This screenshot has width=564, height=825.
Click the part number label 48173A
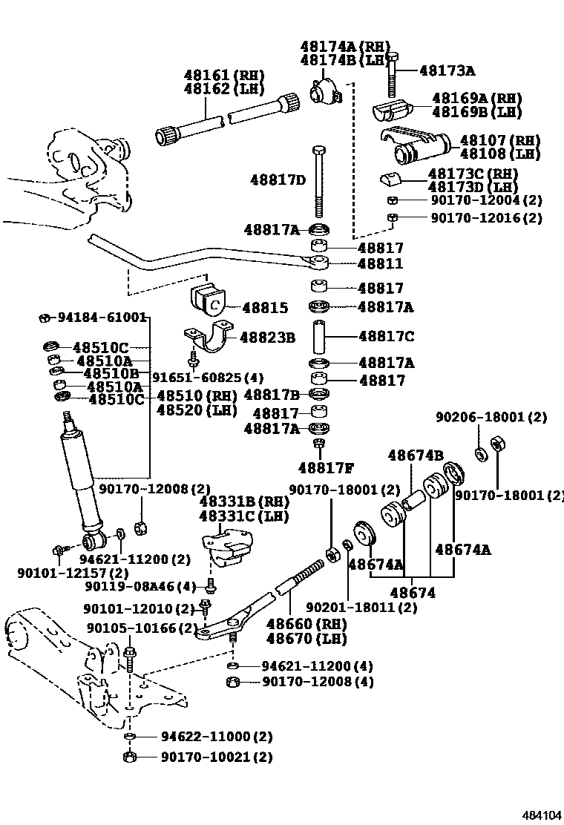tap(447, 71)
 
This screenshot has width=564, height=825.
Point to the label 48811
tap(381, 264)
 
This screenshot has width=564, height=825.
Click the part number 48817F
tap(326, 467)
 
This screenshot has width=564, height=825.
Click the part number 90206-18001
tap(501, 418)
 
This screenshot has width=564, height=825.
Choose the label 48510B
tap(111, 373)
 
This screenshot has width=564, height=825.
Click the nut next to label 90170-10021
tap(129, 757)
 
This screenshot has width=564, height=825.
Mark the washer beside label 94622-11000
tap(129, 737)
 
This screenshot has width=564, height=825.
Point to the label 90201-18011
tap(361, 607)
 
